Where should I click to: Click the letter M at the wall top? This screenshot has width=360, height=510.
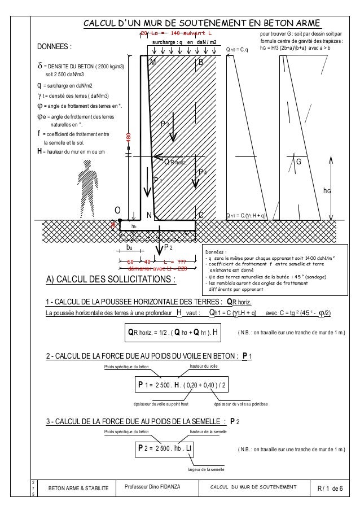pyautogui.click(x=152, y=63)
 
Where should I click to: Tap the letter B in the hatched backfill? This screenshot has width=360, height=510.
pyautogui.click(x=200, y=62)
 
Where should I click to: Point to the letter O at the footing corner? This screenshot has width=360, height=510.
pyautogui.click(x=118, y=213)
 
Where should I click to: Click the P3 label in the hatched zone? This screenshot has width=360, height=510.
pyautogui.click(x=165, y=123)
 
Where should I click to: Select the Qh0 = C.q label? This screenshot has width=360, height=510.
pyautogui.click(x=237, y=50)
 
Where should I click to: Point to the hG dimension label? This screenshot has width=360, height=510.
pyautogui.click(x=326, y=191)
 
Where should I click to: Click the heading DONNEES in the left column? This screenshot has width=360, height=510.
pyautogui.click(x=54, y=46)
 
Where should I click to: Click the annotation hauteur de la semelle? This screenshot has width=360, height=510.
pyautogui.click(x=208, y=431)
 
